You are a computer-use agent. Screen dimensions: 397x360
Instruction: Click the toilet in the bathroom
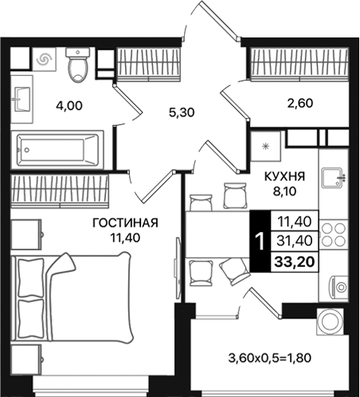click(78, 66)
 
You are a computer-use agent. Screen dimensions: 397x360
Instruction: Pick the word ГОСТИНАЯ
click(123, 222)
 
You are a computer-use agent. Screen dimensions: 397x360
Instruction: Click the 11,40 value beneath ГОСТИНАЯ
click(123, 237)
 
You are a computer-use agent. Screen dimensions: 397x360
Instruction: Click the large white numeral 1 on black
click(260, 239)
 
